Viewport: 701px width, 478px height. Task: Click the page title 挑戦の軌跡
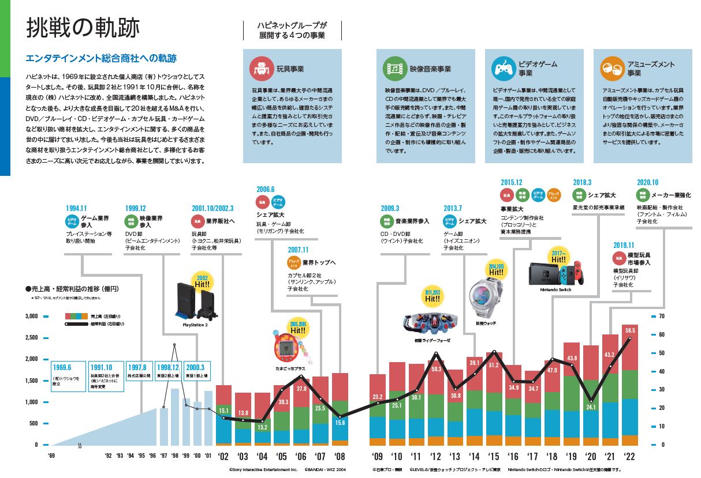click(x=83, y=28)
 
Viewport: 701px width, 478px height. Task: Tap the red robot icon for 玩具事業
click(x=260, y=69)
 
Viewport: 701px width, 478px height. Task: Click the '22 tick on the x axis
click(x=630, y=456)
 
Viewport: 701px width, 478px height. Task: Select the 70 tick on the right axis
click(x=661, y=317)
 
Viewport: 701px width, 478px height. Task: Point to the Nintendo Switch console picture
click(x=555, y=270)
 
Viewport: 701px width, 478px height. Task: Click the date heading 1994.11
click(x=76, y=208)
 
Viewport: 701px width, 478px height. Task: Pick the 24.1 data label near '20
click(x=590, y=407)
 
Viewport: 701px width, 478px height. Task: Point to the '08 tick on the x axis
click(x=340, y=456)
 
